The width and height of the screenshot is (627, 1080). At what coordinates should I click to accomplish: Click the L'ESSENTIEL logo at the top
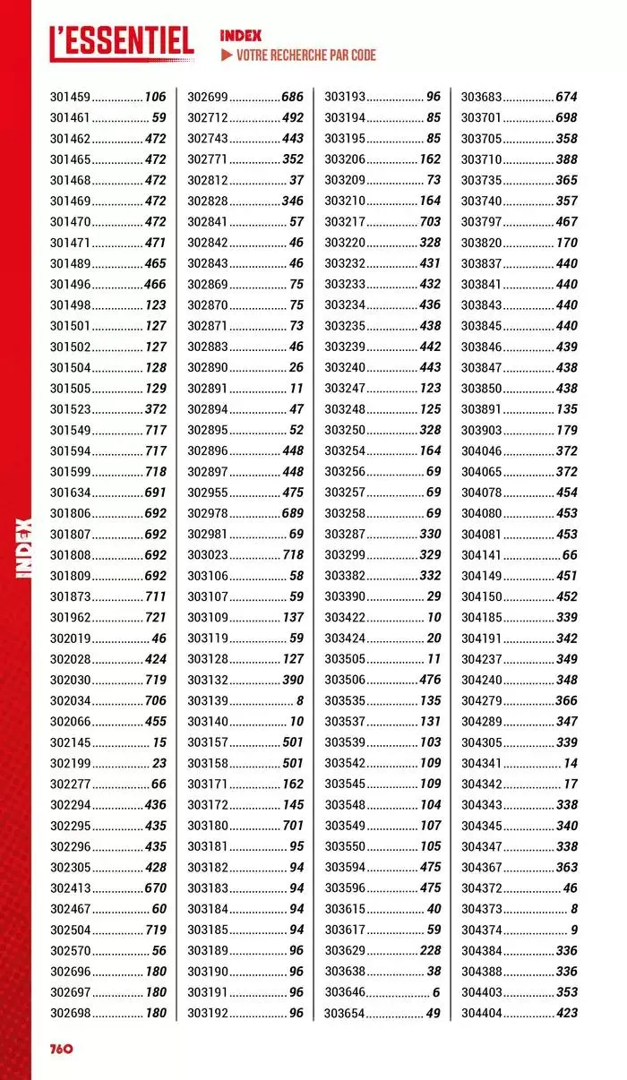coord(121,42)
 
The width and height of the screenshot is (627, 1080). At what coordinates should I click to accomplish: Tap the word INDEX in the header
coord(241,36)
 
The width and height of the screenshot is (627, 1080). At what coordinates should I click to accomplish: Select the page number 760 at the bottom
coord(55,1049)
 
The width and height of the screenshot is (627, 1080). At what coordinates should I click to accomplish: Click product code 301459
coord(70,97)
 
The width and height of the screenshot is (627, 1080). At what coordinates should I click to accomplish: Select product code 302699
coord(208,97)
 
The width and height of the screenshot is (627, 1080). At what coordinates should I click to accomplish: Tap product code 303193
coord(345,97)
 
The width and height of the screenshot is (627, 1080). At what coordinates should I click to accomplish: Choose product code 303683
coord(482,97)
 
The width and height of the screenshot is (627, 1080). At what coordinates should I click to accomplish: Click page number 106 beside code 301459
coord(155,97)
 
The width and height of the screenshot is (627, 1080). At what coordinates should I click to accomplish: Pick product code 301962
coord(70,617)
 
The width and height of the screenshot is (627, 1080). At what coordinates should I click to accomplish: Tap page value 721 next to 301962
coord(155,617)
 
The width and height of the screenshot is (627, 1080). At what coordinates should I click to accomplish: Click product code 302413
coord(70,888)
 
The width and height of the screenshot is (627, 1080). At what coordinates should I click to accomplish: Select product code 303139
coord(208,700)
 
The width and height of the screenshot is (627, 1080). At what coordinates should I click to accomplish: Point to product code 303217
coord(345,221)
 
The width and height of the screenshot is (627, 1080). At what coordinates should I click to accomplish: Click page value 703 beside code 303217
coord(430,221)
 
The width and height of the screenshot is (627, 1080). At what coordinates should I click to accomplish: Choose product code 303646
coord(345,992)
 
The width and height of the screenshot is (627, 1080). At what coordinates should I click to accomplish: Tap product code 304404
coord(482,1013)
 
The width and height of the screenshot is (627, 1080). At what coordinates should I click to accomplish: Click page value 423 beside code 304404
coord(566,1013)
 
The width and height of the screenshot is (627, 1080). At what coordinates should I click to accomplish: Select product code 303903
coord(482,430)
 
